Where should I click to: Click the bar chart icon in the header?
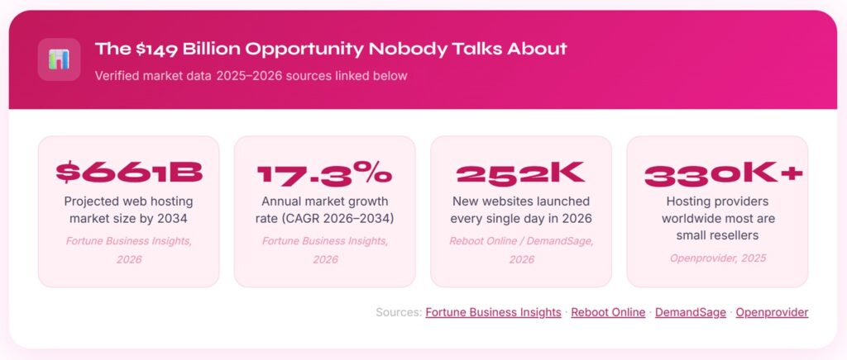click(x=59, y=59)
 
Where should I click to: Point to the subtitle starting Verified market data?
click(x=251, y=76)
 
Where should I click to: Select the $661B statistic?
click(x=129, y=173)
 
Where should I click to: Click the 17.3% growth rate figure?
click(x=324, y=173)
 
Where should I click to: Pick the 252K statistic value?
click(x=521, y=173)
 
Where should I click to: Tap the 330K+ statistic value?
click(x=724, y=174)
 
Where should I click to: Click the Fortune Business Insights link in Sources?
click(x=493, y=313)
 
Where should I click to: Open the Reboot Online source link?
click(x=608, y=313)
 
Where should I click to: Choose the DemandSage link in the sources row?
click(x=691, y=313)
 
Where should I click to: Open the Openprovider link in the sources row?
click(x=772, y=313)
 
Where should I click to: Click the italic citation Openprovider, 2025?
click(x=718, y=258)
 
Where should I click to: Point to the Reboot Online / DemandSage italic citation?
click(x=521, y=250)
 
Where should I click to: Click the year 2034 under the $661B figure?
click(x=172, y=219)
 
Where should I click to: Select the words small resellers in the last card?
click(x=717, y=235)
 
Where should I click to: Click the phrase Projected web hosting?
click(x=128, y=202)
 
